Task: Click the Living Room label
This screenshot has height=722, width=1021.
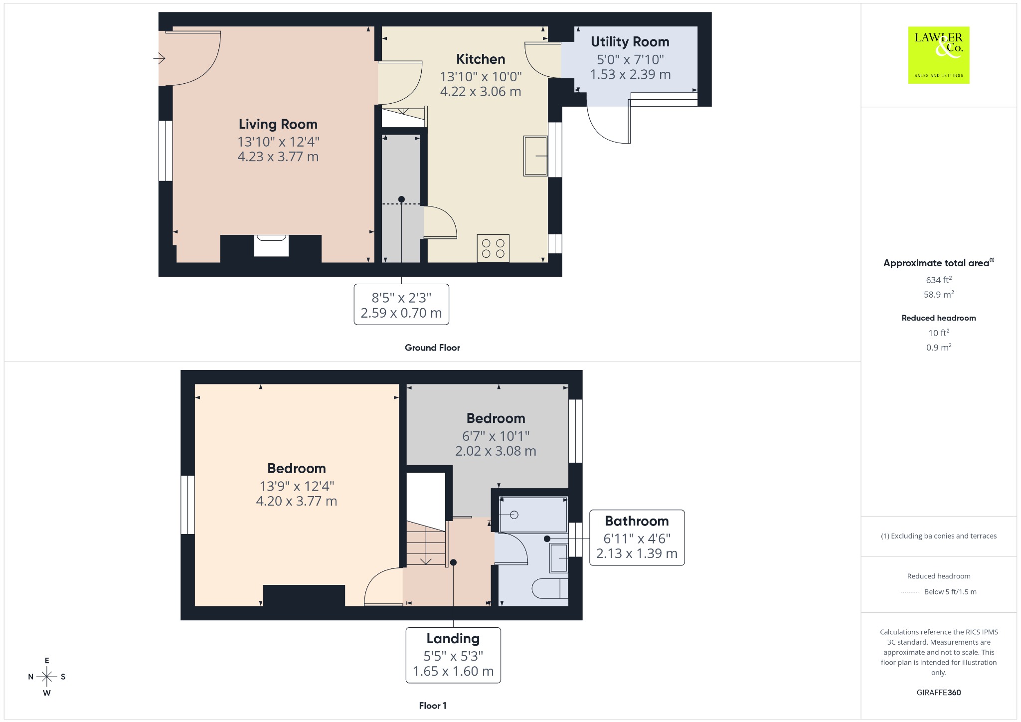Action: click(x=278, y=124)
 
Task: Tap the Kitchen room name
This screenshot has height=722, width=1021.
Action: click(x=481, y=59)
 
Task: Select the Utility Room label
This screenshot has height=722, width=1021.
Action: click(x=630, y=42)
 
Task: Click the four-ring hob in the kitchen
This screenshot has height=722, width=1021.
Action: click(x=493, y=248)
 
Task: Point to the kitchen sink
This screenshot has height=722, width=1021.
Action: click(x=535, y=156)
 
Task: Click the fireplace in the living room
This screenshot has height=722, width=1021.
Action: click(x=271, y=246)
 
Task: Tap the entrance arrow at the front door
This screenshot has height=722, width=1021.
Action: click(x=159, y=59)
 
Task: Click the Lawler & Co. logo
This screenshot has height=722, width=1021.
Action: click(x=939, y=55)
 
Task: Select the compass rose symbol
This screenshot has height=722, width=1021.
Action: click(x=47, y=677)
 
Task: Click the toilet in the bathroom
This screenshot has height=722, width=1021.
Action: click(x=550, y=588)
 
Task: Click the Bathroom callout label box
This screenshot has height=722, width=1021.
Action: click(x=637, y=538)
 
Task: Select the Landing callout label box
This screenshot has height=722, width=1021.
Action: click(x=453, y=655)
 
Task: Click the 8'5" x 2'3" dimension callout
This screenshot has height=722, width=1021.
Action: click(x=401, y=305)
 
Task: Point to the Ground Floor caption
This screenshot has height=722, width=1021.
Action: click(x=432, y=348)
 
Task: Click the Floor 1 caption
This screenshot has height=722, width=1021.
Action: click(x=433, y=706)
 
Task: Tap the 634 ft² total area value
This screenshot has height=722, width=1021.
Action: click(x=939, y=280)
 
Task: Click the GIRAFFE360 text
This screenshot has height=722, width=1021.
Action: click(x=939, y=692)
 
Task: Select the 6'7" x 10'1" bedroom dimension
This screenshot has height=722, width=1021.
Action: click(x=496, y=436)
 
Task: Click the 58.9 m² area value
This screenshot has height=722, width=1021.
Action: click(x=939, y=294)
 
